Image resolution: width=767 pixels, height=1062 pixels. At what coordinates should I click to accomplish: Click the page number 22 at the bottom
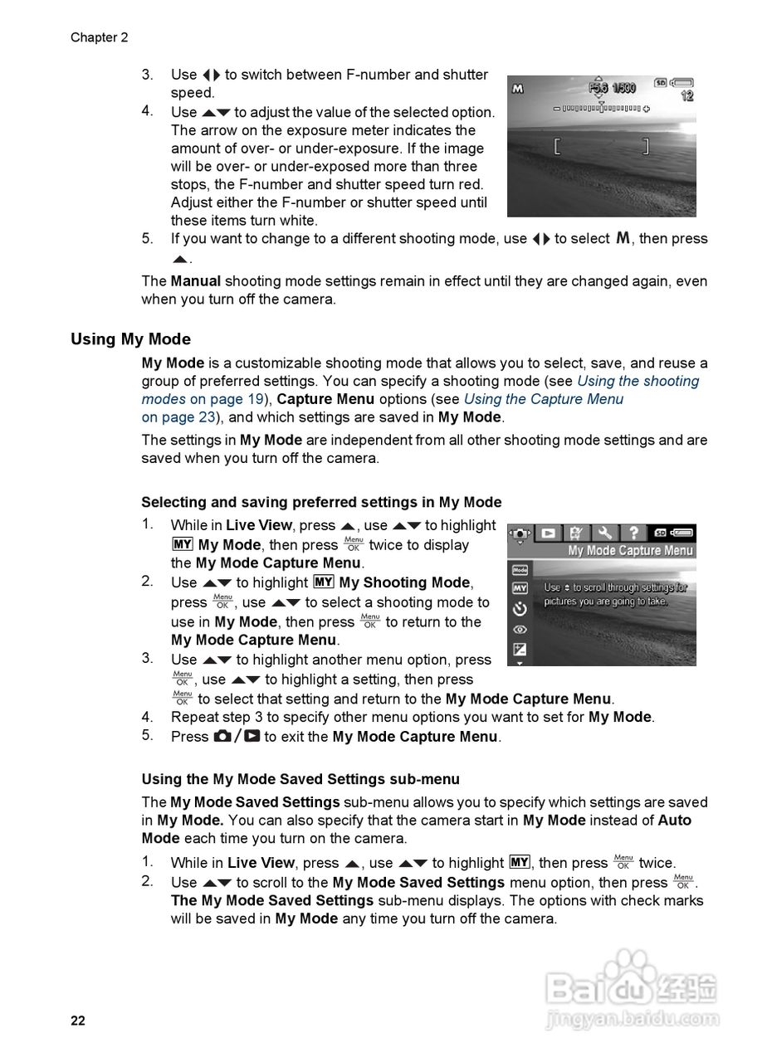pyautogui.click(x=77, y=1021)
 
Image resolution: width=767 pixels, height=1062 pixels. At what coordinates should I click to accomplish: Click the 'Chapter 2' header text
pyautogui.click(x=99, y=37)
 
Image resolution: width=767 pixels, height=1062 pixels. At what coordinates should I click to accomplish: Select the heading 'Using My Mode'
pyautogui.click(x=130, y=339)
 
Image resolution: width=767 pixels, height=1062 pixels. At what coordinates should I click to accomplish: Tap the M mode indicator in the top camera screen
pyautogui.click(x=518, y=89)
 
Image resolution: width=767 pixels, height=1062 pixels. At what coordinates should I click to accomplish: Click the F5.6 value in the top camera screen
pyautogui.click(x=598, y=88)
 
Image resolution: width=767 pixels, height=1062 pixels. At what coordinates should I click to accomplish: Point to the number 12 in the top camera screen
pyautogui.click(x=686, y=97)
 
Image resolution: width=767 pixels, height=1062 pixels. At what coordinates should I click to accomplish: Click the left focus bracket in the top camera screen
pyautogui.click(x=558, y=148)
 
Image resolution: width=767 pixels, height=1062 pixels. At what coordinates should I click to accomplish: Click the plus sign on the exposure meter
pyautogui.click(x=647, y=109)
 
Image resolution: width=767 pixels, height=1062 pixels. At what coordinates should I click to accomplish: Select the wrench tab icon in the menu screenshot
pyautogui.click(x=604, y=533)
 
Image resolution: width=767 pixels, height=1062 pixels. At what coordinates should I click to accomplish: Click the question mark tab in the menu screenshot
pyautogui.click(x=633, y=533)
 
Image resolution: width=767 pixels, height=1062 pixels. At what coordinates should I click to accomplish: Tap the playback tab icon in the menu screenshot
pyautogui.click(x=548, y=533)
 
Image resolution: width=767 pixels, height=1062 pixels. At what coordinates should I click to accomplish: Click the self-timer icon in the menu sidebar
pyautogui.click(x=520, y=609)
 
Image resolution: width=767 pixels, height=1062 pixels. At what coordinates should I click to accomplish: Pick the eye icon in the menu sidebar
pyautogui.click(x=520, y=630)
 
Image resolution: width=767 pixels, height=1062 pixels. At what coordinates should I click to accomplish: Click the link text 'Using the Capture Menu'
pyautogui.click(x=543, y=399)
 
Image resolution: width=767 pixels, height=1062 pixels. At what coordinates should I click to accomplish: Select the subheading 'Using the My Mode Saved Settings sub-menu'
pyautogui.click(x=300, y=779)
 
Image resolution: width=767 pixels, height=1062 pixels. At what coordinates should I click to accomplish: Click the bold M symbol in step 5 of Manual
pyautogui.click(x=623, y=238)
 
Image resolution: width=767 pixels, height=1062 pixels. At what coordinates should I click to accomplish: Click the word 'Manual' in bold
pyautogui.click(x=195, y=281)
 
